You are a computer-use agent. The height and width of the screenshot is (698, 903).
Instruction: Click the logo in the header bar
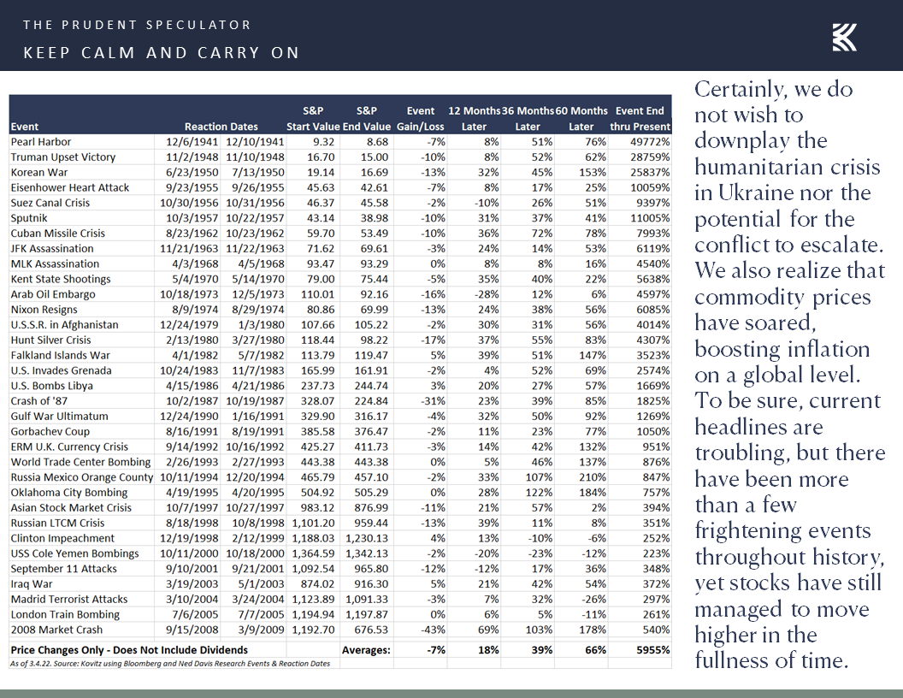tap(844, 38)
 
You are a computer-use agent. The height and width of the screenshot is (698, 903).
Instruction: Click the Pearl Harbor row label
tap(41, 142)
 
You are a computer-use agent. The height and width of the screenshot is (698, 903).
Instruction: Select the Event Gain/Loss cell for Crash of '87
tap(424, 401)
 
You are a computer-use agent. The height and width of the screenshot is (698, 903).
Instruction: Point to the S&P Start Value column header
tap(313, 118)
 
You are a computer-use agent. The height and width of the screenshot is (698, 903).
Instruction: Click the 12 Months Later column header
tap(474, 118)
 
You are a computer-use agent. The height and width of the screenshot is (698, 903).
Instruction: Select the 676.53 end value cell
tap(370, 630)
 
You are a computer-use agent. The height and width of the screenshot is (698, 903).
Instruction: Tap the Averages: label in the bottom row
tap(366, 650)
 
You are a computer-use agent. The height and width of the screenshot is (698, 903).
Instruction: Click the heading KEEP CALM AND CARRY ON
tap(162, 53)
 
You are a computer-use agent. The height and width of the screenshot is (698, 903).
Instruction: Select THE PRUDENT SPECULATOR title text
tap(138, 25)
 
